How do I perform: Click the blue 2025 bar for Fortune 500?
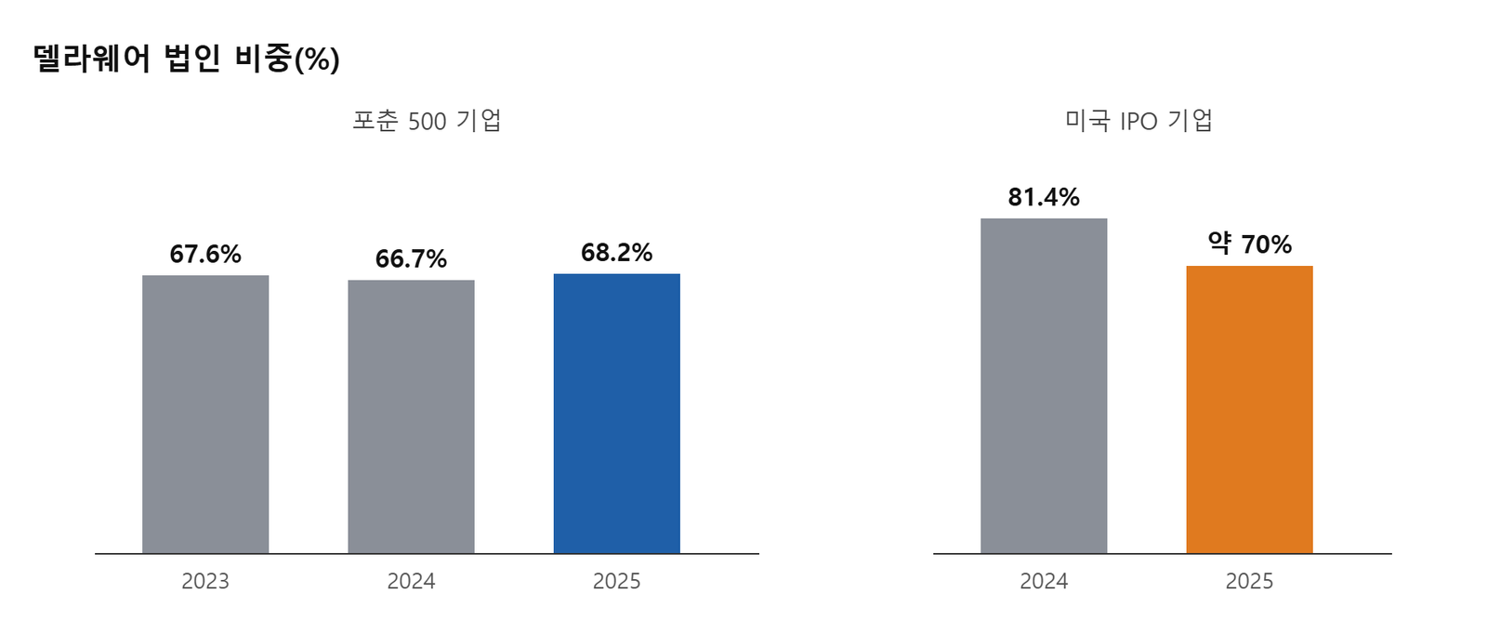[617, 413]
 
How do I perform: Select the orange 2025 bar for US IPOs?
[1249, 409]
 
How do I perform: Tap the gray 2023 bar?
[205, 414]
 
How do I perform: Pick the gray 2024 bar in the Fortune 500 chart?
[411, 416]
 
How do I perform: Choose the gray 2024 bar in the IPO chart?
[1044, 385]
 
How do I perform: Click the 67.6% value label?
[205, 254]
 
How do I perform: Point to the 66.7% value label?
[411, 258]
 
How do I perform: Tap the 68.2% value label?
[617, 253]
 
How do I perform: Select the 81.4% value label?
[1044, 197]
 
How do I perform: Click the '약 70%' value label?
[1249, 244]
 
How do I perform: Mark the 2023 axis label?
[205, 581]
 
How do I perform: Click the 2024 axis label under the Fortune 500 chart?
[411, 581]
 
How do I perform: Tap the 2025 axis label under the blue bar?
[617, 581]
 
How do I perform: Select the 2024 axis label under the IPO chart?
[1044, 581]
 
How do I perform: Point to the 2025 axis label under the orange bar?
[1249, 581]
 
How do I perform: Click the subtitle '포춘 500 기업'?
[427, 121]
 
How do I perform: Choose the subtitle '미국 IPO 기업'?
[1139, 121]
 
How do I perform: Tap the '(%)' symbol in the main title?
[317, 59]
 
